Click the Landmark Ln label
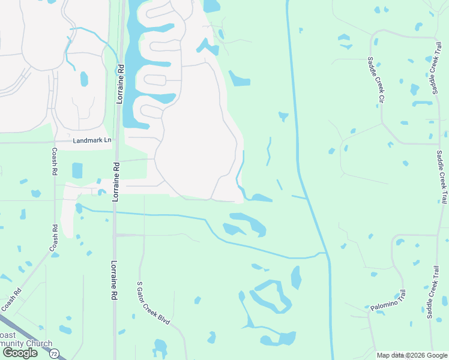pos(92,140)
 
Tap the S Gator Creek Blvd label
pos(154,303)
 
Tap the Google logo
pos(19,353)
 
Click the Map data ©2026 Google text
pos(412,355)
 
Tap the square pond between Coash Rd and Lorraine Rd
pos(77,170)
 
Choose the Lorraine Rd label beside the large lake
pos(120,84)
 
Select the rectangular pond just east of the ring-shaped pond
pos(296,277)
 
